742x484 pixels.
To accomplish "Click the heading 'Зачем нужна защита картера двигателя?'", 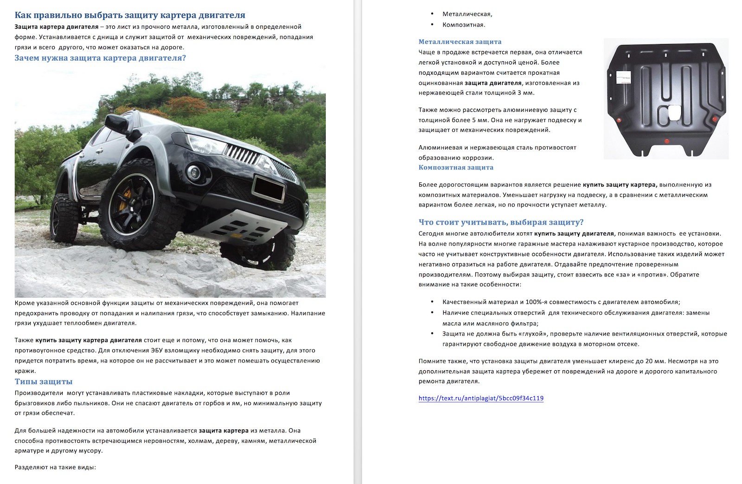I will (x=100, y=58).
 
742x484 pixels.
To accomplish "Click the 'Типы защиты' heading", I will (x=44, y=381).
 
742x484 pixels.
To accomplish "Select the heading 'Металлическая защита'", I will (x=460, y=42).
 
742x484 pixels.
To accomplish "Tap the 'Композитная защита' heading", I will (x=456, y=168).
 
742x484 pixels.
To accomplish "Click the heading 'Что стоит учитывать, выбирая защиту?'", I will (x=501, y=222).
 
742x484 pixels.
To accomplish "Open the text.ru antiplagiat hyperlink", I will (x=481, y=398).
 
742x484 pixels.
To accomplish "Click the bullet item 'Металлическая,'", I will (x=467, y=14).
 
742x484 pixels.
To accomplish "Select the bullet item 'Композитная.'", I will (x=464, y=25).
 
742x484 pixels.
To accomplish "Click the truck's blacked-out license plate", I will (x=269, y=188).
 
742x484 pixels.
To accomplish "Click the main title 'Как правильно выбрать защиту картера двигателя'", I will (x=130, y=15).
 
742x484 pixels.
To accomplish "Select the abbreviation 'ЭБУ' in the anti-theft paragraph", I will (x=157, y=350).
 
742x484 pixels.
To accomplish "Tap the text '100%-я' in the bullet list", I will (x=536, y=302).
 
